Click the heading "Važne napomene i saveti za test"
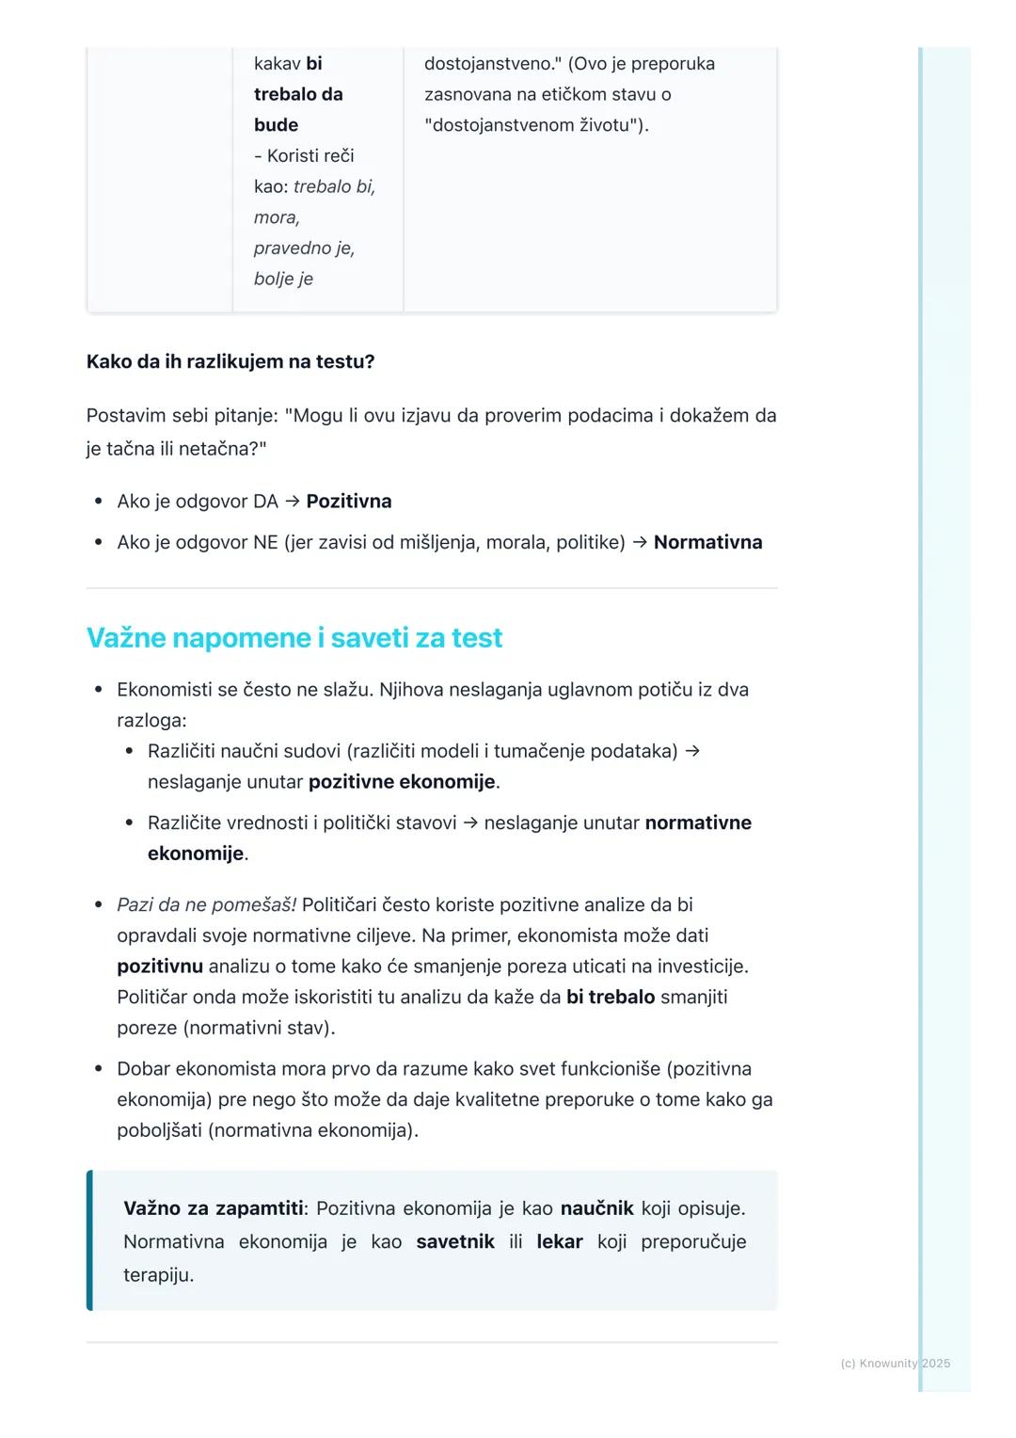pos(294,638)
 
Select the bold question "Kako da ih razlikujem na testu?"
pos(230,362)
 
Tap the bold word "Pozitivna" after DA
pos(349,502)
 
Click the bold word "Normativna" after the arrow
pos(707,543)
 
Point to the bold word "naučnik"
pos(596,1208)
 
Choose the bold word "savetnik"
pos(455,1242)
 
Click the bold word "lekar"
pos(560,1242)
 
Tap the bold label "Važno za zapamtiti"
pos(214,1208)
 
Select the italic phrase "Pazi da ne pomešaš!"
pos(206,905)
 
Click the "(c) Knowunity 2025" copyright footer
pos(895,1364)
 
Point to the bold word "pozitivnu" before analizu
pos(160,967)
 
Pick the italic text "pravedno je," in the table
pos(304,248)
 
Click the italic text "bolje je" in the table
pos(283,280)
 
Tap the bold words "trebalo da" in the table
pos(298,95)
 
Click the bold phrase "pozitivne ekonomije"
pos(402,782)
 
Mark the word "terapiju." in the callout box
pos(158,1276)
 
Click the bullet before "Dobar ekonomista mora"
pos(98,1069)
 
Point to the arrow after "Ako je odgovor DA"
pos(292,502)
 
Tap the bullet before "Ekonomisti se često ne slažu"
pos(98,690)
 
